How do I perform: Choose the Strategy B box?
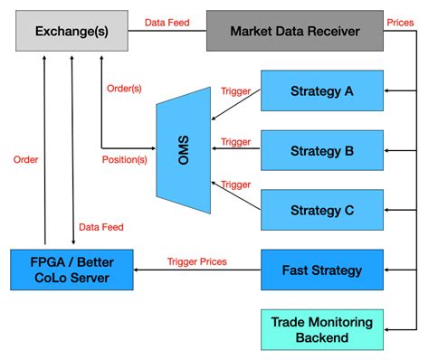coord(322,149)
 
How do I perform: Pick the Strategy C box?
coord(322,210)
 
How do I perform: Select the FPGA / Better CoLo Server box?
coord(71,269)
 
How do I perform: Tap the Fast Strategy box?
coord(322,270)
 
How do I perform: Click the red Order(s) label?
coord(124,88)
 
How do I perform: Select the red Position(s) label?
coord(123,160)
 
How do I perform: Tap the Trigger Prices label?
coord(197,262)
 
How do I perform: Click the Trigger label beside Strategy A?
coord(236,90)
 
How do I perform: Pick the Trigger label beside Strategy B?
coord(236,141)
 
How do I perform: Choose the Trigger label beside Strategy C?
coord(236,185)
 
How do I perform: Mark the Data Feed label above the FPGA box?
coord(101,227)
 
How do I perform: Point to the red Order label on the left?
coord(25,160)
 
